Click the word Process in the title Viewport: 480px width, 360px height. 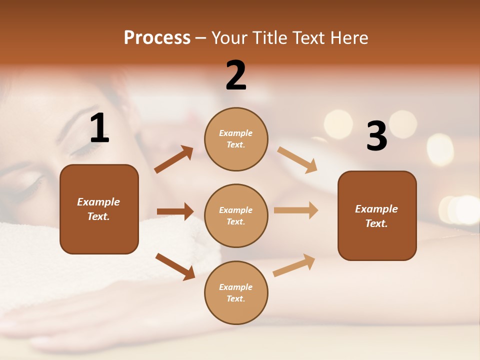(157, 38)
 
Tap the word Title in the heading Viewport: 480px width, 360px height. (267, 38)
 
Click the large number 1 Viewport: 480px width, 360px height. (99, 129)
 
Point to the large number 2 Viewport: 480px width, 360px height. (236, 75)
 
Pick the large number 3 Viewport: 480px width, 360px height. (376, 136)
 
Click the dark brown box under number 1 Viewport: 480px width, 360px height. (99, 209)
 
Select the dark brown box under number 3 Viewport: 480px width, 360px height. (377, 215)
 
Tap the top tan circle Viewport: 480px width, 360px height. (236, 139)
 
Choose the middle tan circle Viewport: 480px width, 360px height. (236, 215)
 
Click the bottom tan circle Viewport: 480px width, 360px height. (236, 292)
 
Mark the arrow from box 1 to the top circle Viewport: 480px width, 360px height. (173, 159)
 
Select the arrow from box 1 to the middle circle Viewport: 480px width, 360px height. (175, 211)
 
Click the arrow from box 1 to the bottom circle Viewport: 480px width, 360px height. (175, 266)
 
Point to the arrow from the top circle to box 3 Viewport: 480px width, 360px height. (297, 159)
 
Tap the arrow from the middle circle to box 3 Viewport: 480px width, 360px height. (296, 210)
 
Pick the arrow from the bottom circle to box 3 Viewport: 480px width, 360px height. (294, 265)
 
